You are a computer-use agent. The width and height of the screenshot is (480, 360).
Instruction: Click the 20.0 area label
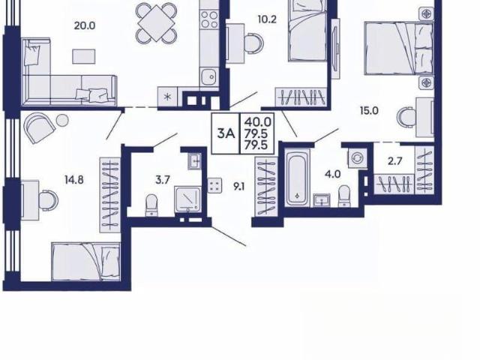coord(85,25)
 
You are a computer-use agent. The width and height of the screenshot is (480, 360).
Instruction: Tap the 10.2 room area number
coord(267,19)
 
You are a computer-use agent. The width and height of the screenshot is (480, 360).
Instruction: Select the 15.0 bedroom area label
coord(369,110)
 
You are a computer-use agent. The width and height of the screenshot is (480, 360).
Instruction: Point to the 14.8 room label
coord(74,180)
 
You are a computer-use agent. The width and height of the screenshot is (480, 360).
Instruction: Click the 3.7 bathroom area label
coord(163,180)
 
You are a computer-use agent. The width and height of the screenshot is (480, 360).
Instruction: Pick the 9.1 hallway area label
coord(238,187)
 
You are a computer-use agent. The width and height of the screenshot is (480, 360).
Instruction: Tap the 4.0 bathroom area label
coord(333,174)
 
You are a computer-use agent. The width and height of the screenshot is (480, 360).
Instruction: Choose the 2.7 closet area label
coord(395,160)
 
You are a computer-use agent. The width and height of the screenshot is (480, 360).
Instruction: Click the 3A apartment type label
coord(226,133)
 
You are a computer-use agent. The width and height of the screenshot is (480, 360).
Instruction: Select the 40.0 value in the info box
coord(257,122)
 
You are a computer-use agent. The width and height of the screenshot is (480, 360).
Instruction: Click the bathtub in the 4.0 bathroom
coord(297,178)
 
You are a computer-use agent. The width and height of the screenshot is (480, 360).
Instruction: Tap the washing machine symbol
coord(357,159)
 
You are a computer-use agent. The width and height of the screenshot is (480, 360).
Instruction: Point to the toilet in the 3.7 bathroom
coord(151,205)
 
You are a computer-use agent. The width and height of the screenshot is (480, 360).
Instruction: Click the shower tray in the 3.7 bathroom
coord(188,199)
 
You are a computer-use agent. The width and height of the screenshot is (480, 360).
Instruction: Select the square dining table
coord(156,23)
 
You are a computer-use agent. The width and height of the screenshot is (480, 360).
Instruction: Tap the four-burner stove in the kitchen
coord(209,19)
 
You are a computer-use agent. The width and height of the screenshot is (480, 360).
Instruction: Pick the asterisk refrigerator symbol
coord(167,97)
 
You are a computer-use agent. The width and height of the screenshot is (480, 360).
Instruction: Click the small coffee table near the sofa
coord(83,57)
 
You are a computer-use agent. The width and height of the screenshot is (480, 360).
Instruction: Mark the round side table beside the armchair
coord(62,120)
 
